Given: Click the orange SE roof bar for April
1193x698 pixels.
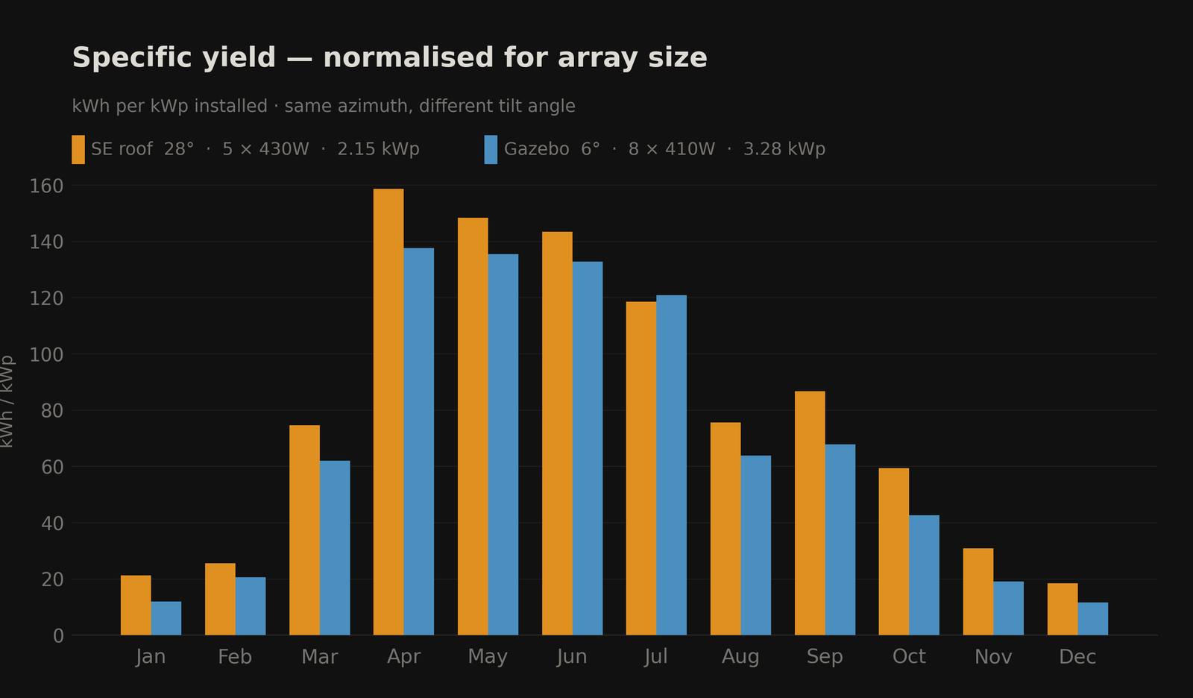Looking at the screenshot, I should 388,412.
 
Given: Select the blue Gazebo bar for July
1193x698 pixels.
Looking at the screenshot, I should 671,465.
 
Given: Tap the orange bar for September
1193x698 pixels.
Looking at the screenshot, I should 810,513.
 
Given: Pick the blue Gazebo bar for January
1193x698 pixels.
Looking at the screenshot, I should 166,618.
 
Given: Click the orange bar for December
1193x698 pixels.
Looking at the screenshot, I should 1063,609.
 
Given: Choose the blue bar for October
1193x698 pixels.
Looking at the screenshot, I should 924,575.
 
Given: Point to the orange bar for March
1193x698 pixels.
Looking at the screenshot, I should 304,530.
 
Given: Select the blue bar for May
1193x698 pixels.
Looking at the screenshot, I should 503,444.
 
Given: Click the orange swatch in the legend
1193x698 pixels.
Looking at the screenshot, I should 78,149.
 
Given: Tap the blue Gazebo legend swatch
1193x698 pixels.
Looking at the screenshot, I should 491,149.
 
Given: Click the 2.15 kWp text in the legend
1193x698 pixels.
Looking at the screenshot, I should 378,149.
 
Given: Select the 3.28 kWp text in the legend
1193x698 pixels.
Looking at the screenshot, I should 784,149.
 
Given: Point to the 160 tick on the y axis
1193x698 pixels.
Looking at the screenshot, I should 46,186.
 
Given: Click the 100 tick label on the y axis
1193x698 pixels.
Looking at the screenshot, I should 46,354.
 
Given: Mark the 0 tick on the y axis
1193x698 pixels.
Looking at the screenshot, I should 58,636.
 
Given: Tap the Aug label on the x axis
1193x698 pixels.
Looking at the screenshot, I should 740,657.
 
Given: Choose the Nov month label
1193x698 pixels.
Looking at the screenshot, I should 993,657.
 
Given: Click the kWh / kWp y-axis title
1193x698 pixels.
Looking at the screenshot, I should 7,401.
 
